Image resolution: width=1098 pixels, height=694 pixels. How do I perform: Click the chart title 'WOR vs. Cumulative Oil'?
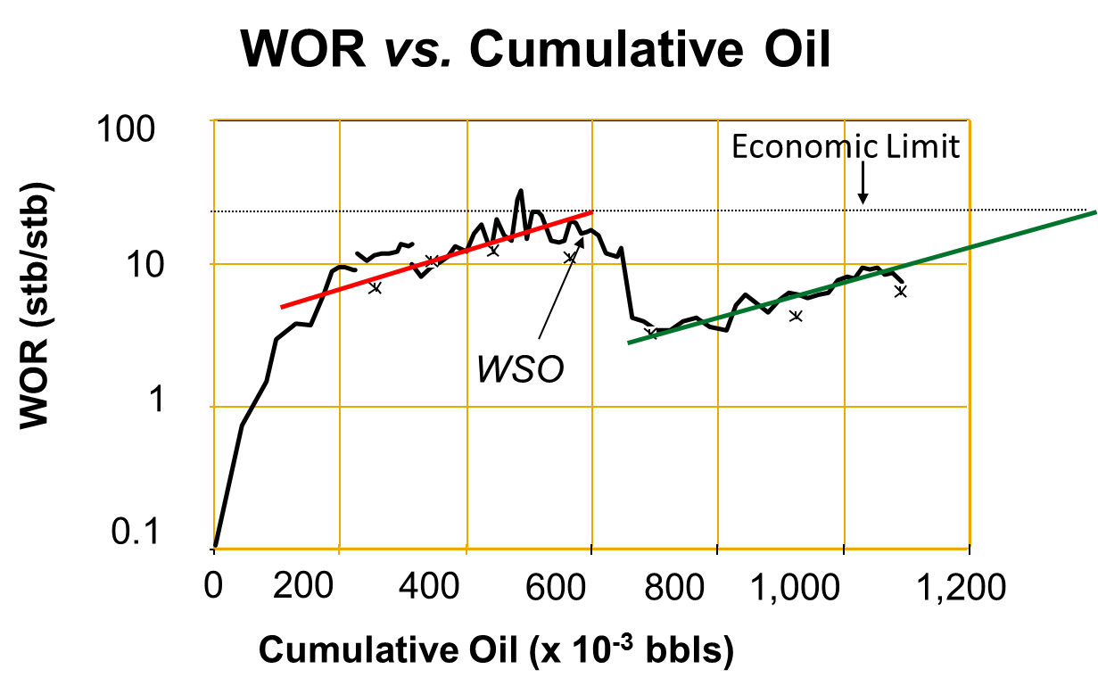(535, 49)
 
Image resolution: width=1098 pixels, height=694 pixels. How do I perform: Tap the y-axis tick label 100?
(126, 129)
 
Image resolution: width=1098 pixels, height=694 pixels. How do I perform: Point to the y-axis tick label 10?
(145, 265)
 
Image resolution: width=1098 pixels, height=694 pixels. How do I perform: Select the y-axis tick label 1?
(157, 399)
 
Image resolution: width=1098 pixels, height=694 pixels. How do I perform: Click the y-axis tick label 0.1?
(136, 532)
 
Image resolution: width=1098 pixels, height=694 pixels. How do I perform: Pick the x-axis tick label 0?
(213, 585)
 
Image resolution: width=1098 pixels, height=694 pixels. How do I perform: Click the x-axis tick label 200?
(303, 586)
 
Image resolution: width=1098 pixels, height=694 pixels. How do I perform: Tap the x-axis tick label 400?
(429, 586)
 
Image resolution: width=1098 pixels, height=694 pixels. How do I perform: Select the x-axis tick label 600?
(556, 587)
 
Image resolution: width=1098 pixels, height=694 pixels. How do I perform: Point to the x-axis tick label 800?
(674, 587)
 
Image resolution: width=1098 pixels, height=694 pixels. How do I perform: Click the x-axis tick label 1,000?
(795, 587)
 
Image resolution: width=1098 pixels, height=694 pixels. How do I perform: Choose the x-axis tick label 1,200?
(961, 587)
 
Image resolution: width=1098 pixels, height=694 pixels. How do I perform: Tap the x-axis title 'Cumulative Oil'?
(388, 650)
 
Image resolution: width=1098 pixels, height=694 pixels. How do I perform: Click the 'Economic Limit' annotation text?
(846, 146)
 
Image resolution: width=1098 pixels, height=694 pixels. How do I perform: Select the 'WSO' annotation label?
(521, 369)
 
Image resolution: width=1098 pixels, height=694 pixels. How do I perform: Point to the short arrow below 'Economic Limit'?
(863, 183)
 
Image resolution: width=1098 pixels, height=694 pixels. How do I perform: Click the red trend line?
(437, 260)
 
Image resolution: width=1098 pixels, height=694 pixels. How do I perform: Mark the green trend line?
(863, 277)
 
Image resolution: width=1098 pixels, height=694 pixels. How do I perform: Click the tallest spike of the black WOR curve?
(521, 191)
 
